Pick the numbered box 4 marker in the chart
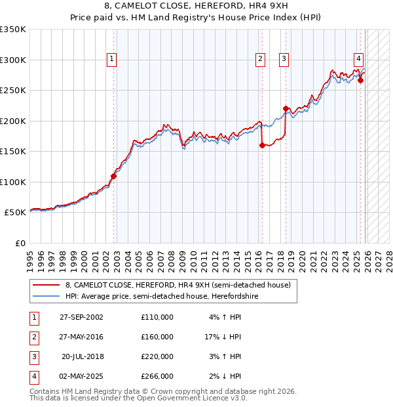click(359, 57)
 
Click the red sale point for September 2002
click(113, 176)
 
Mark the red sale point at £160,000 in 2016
click(262, 146)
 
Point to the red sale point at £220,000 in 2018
click(286, 109)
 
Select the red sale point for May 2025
click(360, 81)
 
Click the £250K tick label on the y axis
click(13, 90)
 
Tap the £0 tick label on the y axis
click(20, 243)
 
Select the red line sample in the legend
click(46, 285)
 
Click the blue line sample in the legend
click(46, 297)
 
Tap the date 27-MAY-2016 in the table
click(81, 337)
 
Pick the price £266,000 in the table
click(157, 376)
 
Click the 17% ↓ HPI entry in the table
click(223, 337)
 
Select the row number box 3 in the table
click(32, 356)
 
